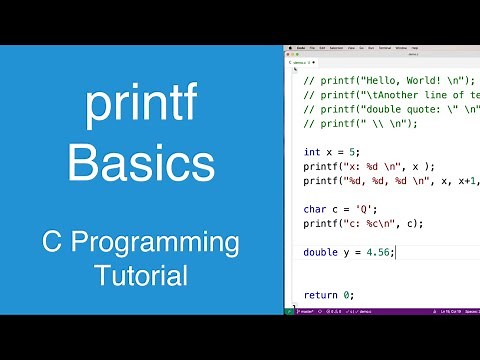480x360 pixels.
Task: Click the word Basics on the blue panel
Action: (x=141, y=163)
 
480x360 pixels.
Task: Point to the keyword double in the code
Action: (x=320, y=252)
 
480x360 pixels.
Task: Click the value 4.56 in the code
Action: (x=379, y=252)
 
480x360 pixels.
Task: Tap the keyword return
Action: (x=320, y=295)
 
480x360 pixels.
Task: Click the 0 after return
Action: (x=347, y=295)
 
